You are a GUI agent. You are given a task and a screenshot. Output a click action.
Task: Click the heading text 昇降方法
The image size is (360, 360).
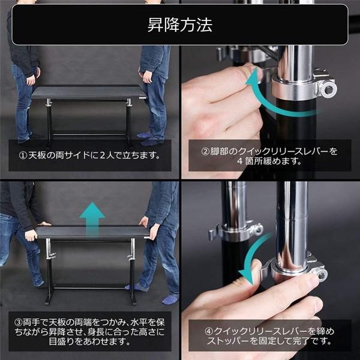click(x=179, y=26)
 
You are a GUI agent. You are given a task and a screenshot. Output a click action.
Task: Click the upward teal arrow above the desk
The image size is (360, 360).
click(x=92, y=215)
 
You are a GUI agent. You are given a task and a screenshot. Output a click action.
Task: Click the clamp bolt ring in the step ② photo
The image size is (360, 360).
click(x=328, y=89)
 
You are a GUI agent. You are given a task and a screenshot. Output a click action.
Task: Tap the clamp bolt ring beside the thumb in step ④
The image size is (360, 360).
click(x=322, y=275)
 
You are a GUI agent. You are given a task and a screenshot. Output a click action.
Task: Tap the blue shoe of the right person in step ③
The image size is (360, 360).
click(x=170, y=298)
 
